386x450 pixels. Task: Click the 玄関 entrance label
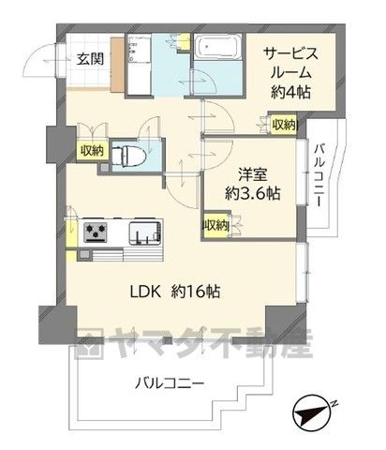point(90,58)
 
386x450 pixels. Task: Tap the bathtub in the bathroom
point(217,47)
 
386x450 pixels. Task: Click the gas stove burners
point(96,232)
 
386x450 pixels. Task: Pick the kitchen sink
point(146,232)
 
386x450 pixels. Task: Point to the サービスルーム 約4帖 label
point(290,73)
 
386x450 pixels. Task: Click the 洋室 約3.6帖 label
point(252,185)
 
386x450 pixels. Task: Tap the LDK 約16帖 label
point(175,292)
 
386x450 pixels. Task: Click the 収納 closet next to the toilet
point(93,151)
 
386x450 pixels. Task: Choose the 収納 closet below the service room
point(284,125)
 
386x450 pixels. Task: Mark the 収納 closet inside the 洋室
point(215,225)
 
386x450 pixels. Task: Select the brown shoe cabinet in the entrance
point(118,65)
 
